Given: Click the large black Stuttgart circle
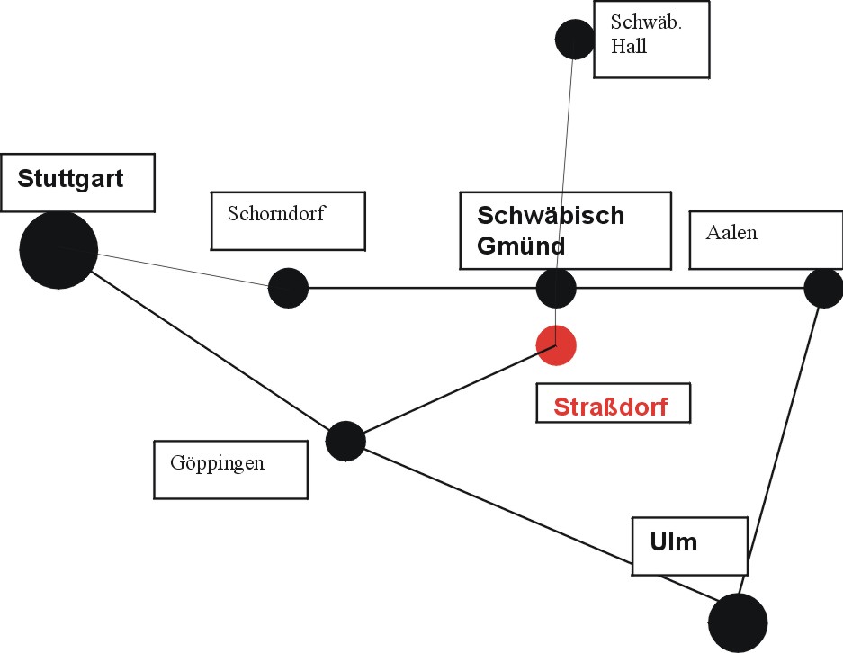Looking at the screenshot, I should click(58, 250).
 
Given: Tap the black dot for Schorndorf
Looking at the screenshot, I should click(288, 288).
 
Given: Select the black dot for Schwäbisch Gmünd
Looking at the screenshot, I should click(556, 289).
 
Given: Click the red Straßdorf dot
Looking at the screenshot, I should click(556, 345).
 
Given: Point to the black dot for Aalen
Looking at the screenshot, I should click(822, 288).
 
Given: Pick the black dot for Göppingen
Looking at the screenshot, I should click(345, 441).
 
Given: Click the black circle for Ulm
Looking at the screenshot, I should click(738, 623).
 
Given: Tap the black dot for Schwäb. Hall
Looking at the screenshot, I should click(575, 40).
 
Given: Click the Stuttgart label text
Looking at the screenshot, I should click(70, 177).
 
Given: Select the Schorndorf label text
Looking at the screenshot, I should click(276, 214).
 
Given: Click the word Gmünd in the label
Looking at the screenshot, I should click(521, 246).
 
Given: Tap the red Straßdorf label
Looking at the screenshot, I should click(611, 407).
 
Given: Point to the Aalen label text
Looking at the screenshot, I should click(731, 233).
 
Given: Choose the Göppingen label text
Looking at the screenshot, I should click(217, 464).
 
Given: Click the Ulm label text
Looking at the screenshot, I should click(673, 542).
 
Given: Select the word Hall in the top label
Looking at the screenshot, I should click(628, 47).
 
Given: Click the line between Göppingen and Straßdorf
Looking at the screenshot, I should click(450, 393).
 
